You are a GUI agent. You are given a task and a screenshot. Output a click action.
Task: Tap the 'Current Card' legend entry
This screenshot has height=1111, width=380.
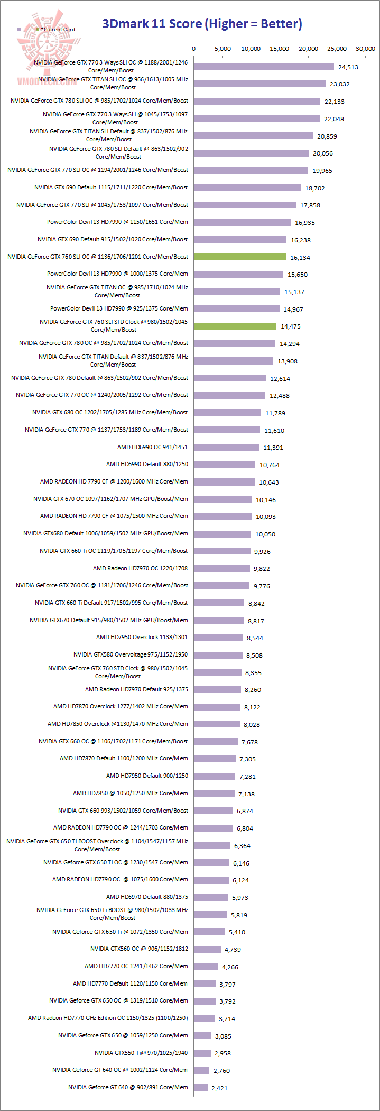click(x=58, y=30)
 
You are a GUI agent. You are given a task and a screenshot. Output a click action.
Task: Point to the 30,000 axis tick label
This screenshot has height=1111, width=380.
click(x=365, y=49)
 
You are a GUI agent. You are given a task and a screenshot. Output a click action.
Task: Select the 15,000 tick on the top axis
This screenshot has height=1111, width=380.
click(x=280, y=49)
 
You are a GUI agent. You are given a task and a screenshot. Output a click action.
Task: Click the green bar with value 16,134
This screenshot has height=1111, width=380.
click(x=240, y=257)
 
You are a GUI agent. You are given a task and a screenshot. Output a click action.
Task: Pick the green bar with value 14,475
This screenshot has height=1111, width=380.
click(x=235, y=326)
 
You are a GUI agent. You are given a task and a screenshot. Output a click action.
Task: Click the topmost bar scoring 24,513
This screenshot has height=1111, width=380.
click(x=264, y=67)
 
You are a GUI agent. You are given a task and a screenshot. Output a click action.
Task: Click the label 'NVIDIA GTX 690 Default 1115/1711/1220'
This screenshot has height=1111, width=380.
click(x=111, y=187)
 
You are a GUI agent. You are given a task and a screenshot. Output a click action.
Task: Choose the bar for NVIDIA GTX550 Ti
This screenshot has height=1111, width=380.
click(x=202, y=1053)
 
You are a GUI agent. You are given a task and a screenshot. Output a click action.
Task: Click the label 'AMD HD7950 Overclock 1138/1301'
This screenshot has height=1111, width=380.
click(x=142, y=637)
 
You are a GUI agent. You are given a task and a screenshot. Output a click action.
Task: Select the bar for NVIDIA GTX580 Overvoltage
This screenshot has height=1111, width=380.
click(x=218, y=655)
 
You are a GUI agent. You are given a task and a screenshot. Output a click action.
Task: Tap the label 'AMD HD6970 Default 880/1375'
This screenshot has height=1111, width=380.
click(x=147, y=897)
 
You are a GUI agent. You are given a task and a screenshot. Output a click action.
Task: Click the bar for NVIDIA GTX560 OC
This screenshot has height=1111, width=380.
click(x=207, y=949)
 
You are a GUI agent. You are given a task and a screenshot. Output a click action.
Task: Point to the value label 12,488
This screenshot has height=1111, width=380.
click(x=280, y=396)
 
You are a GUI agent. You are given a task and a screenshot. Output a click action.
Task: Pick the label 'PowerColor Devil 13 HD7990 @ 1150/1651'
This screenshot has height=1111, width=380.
click(x=117, y=222)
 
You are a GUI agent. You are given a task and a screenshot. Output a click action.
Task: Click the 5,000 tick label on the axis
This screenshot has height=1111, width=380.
click(x=222, y=49)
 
